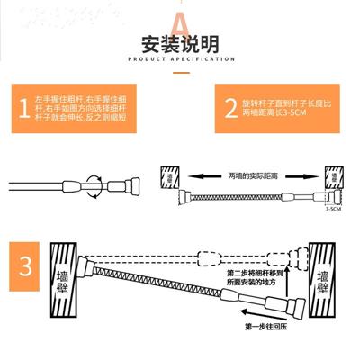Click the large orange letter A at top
pos(180,21)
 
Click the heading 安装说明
pos(180,44)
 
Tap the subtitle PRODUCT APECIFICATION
pos(180,60)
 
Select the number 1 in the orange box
pos(22,109)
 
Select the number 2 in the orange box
pos(231,109)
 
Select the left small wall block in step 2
pos(168,176)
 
